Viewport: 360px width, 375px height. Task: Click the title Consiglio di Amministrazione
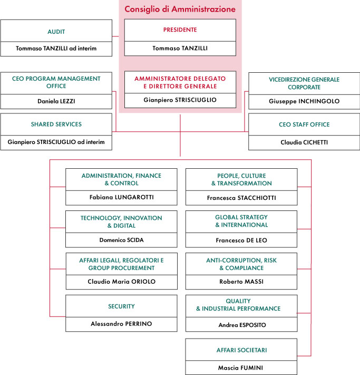(180, 9)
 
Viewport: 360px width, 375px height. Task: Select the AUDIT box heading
(56, 32)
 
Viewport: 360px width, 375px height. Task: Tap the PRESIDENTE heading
(180, 30)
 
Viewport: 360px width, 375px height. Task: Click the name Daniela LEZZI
(56, 101)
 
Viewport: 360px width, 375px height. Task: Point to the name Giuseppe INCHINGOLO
(304, 101)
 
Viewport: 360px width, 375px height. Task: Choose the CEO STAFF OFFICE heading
(304, 124)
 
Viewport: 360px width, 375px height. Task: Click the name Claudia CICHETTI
(304, 142)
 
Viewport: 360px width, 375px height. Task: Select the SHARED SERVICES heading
(56, 124)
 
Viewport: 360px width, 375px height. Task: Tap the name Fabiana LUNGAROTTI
(121, 197)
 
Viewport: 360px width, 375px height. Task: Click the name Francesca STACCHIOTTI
(241, 198)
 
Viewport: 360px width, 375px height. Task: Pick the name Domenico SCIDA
(121, 240)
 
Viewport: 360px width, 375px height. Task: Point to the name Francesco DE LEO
(241, 240)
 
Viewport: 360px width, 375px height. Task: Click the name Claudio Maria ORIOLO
(121, 282)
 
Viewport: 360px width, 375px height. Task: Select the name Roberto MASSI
(241, 282)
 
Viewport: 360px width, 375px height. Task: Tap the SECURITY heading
(121, 306)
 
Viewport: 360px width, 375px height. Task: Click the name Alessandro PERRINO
(121, 324)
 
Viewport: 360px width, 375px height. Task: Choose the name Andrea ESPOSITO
(242, 325)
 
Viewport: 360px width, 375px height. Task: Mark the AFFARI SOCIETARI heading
(241, 350)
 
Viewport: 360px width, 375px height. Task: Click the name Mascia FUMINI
(240, 368)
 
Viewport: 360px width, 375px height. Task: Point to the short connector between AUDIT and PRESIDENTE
(116, 36)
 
